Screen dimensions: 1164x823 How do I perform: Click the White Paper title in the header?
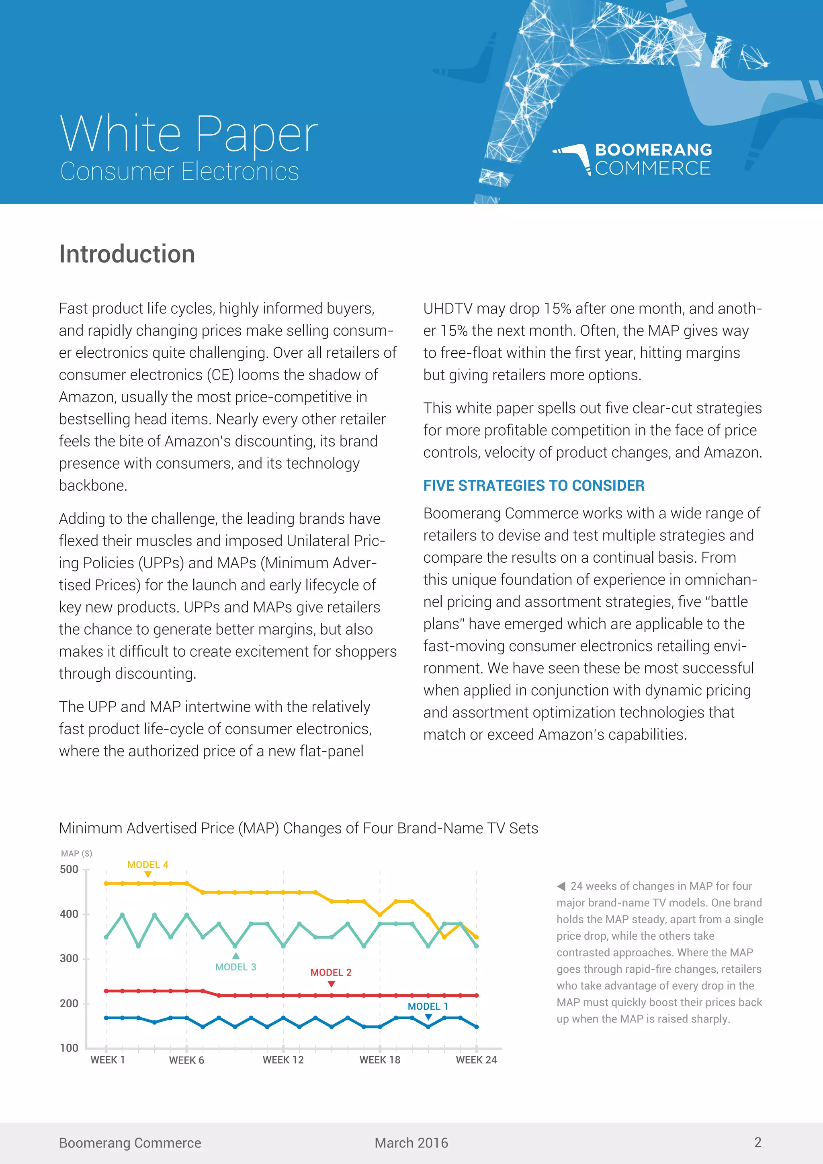click(188, 134)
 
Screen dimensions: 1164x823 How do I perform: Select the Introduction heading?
click(127, 254)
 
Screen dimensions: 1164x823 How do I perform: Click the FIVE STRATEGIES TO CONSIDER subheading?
click(534, 485)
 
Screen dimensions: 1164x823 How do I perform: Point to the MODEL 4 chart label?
click(147, 865)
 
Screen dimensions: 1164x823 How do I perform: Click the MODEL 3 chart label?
click(235, 967)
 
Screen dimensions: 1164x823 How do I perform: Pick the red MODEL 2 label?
click(330, 972)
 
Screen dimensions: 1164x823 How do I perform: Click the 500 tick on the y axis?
click(69, 869)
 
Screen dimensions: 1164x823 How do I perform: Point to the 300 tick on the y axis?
click(69, 959)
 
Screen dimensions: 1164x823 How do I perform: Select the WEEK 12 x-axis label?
click(283, 1060)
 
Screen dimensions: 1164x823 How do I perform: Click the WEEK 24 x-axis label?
click(476, 1060)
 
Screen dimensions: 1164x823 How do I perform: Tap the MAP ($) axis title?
click(76, 853)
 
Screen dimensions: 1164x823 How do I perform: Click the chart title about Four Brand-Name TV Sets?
click(298, 828)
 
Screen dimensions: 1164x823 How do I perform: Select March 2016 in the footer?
click(411, 1143)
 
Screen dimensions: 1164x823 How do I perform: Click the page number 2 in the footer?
click(757, 1142)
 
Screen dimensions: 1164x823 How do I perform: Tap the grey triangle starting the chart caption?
click(561, 886)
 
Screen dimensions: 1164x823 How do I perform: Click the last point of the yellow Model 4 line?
click(476, 937)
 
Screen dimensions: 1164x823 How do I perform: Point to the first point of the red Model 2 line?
click(106, 991)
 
